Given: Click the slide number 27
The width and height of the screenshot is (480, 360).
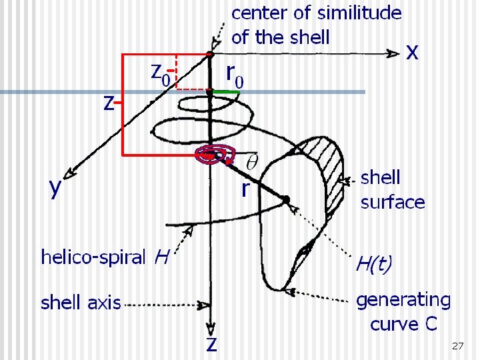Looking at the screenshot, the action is click(457, 346).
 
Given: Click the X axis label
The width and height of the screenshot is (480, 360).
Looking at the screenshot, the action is click(413, 53).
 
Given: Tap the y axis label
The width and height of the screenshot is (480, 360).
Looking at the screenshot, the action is click(56, 188).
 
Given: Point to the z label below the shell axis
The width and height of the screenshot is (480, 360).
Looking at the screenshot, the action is click(211, 345).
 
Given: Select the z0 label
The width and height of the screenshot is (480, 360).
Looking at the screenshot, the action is click(160, 73).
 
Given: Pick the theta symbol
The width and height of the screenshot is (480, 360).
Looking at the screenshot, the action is click(252, 162).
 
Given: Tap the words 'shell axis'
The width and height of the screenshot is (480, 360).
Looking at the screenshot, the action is click(81, 303).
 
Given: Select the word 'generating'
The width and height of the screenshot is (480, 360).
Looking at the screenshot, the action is click(403, 301).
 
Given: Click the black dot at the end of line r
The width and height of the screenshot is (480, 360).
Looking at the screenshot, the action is click(285, 199).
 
